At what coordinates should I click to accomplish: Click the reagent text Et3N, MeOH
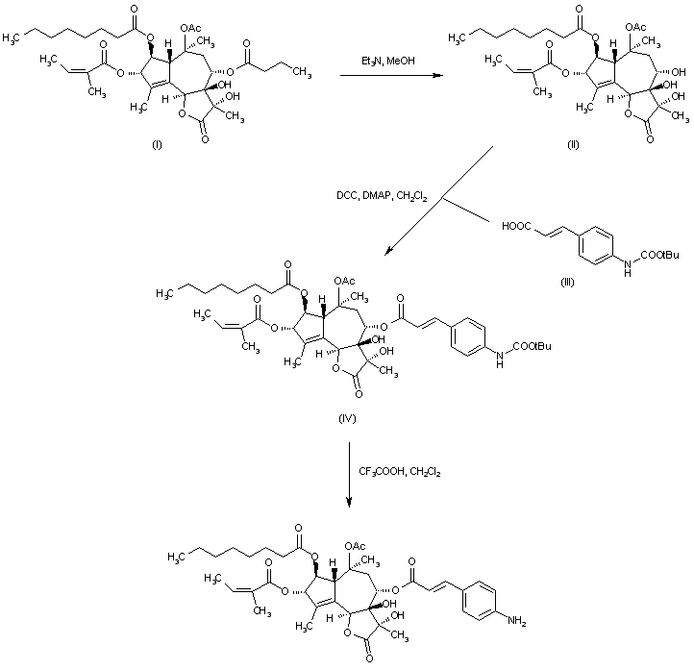click(376, 61)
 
